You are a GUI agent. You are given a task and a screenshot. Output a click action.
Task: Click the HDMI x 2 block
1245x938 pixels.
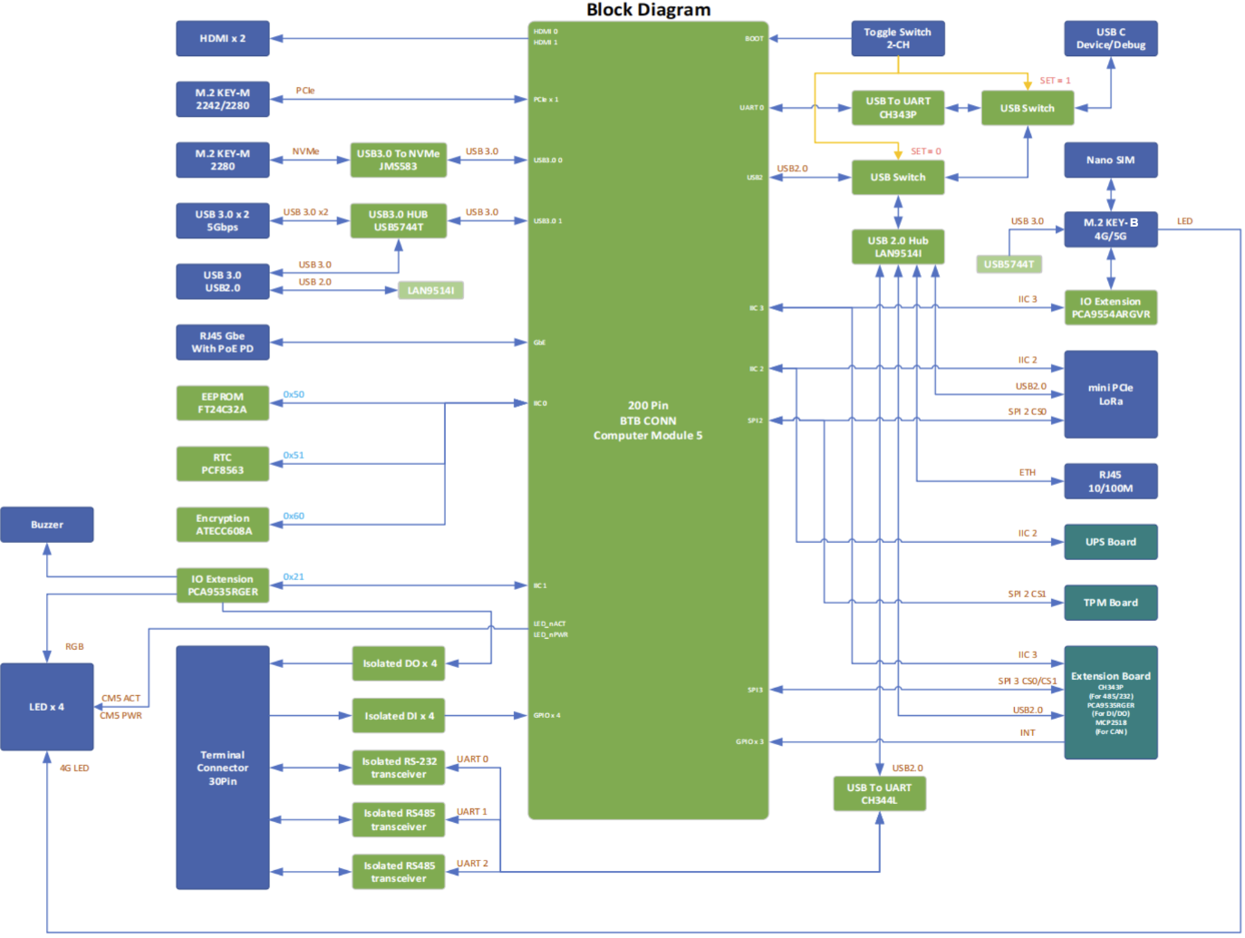click(x=222, y=39)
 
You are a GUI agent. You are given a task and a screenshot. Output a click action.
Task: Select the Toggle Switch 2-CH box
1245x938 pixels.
click(x=897, y=38)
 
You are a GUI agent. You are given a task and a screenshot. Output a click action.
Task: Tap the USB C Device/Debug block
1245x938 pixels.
click(x=1110, y=39)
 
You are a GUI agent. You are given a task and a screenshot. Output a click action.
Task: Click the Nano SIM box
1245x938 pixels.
click(x=1110, y=160)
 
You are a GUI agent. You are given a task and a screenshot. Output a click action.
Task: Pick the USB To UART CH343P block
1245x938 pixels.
click(x=897, y=108)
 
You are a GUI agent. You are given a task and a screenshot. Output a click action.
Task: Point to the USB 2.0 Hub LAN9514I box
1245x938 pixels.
click(x=897, y=247)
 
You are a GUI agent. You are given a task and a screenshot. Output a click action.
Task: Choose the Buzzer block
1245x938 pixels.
click(x=47, y=525)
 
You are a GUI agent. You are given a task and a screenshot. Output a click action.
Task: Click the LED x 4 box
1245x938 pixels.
click(x=47, y=707)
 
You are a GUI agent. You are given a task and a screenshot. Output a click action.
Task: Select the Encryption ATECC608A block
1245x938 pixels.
click(x=222, y=525)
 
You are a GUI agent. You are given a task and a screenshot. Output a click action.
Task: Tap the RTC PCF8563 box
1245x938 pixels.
click(x=222, y=464)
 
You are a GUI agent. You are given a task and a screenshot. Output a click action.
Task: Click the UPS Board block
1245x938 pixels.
click(x=1110, y=542)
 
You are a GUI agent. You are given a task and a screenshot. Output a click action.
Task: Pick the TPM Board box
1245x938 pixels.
click(x=1110, y=603)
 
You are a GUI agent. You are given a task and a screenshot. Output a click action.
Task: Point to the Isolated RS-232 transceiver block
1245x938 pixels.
click(x=399, y=768)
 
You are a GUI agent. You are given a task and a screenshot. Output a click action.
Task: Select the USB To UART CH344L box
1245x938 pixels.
click(x=879, y=794)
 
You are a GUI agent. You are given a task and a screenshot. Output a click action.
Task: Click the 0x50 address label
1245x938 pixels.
click(x=294, y=395)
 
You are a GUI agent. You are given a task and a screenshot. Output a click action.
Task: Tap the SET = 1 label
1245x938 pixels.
click(x=1055, y=81)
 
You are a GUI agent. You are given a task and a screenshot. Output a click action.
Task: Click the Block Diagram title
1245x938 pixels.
click(x=648, y=10)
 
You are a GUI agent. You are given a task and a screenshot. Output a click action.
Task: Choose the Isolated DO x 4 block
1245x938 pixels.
click(x=399, y=663)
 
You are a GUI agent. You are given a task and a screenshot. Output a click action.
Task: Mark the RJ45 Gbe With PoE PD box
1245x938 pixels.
click(x=222, y=343)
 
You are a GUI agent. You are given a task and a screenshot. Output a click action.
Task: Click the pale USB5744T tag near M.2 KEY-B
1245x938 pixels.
click(x=1009, y=265)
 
